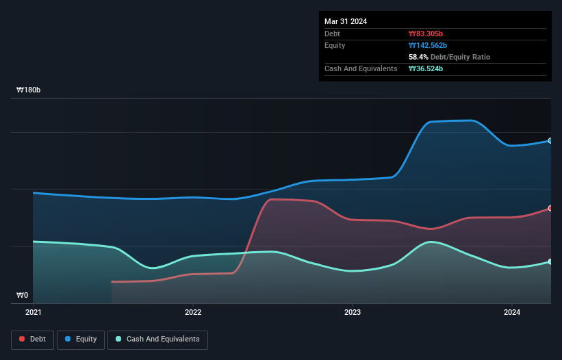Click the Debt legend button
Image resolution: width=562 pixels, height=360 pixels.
pyautogui.click(x=33, y=339)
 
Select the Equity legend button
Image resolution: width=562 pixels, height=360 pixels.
pyautogui.click(x=81, y=339)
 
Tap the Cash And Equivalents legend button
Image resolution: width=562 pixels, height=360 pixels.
pyautogui.click(x=157, y=339)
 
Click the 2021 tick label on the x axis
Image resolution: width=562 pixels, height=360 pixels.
pyautogui.click(x=34, y=313)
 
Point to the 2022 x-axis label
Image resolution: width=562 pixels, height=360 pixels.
pyautogui.click(x=193, y=313)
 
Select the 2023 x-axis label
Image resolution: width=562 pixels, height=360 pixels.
pyautogui.click(x=353, y=313)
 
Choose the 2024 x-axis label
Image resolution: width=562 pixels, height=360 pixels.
pyautogui.click(x=511, y=313)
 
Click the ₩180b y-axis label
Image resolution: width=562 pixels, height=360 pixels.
pyautogui.click(x=29, y=90)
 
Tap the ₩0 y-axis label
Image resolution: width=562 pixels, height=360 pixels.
pyautogui.click(x=23, y=296)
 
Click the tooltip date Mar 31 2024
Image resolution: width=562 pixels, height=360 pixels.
pyautogui.click(x=346, y=21)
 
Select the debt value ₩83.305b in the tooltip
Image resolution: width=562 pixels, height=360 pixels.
pyautogui.click(x=426, y=34)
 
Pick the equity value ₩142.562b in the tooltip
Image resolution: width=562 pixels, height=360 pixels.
pyautogui.click(x=429, y=45)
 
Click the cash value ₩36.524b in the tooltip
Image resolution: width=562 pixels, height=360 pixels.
pyautogui.click(x=426, y=68)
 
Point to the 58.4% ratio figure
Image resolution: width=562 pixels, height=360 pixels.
pyautogui.click(x=418, y=57)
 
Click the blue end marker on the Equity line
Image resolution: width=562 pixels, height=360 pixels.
pyautogui.click(x=550, y=140)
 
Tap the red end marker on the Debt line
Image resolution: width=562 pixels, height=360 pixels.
pyautogui.click(x=550, y=208)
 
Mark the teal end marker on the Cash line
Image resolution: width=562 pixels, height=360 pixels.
pyautogui.click(x=550, y=261)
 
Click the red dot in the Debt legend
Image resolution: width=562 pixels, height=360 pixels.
pyautogui.click(x=23, y=339)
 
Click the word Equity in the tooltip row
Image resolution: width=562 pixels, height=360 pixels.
pyautogui.click(x=335, y=45)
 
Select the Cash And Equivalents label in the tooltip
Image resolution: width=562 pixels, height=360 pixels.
pyautogui.click(x=361, y=68)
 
